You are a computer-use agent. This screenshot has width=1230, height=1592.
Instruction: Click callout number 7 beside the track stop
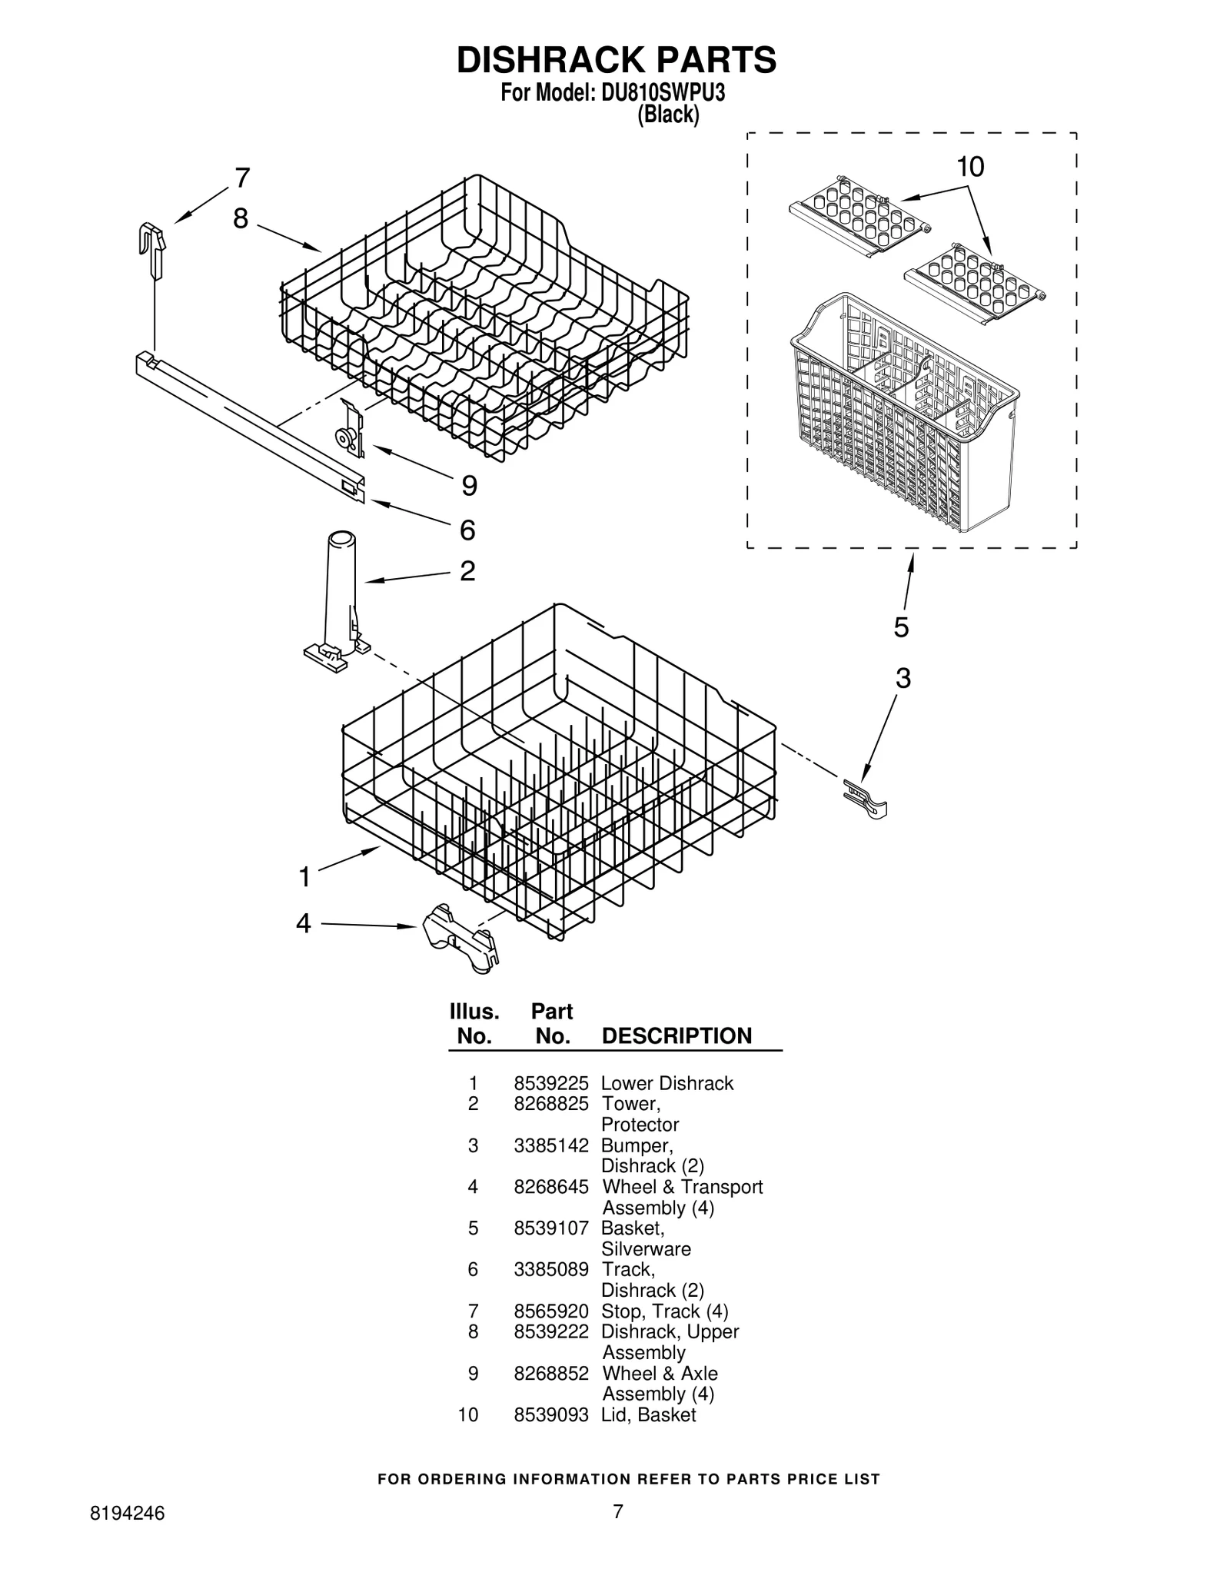point(242,178)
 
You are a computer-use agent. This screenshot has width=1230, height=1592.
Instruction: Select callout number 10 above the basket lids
point(970,167)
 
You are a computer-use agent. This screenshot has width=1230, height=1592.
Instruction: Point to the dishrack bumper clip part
point(866,798)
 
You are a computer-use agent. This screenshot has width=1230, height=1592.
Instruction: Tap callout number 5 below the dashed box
point(901,627)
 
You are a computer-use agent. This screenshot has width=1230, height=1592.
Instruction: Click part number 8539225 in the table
point(550,1083)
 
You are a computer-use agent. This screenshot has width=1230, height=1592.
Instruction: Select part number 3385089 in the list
point(550,1269)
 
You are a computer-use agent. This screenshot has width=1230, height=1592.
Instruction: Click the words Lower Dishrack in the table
point(667,1083)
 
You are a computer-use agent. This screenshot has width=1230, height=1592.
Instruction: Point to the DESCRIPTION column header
point(676,1035)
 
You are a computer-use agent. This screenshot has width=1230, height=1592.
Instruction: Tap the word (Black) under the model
point(668,115)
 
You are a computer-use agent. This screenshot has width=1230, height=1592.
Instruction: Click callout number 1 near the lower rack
point(304,876)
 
